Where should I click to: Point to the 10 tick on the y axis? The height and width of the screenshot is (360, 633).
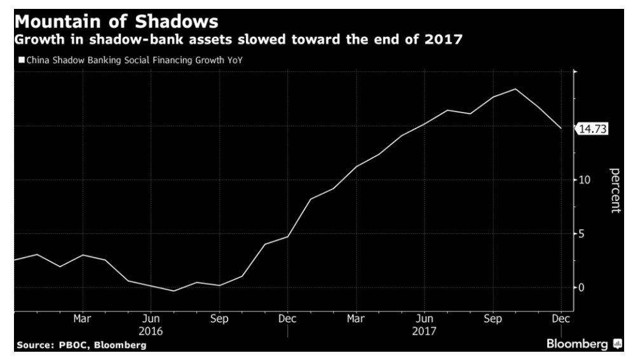[584, 180]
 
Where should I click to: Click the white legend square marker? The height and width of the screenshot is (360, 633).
[20, 61]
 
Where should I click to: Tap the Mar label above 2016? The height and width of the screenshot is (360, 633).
[83, 319]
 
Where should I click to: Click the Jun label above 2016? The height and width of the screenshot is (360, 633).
[151, 319]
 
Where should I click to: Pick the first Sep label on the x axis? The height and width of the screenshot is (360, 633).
[219, 319]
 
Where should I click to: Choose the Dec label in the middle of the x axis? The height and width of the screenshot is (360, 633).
[287, 319]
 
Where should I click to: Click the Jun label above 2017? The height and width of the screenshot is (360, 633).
[424, 319]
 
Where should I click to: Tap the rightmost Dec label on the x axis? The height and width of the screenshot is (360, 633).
[561, 319]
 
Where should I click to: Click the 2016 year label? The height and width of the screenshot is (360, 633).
[151, 331]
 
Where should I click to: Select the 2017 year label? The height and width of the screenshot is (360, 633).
[424, 331]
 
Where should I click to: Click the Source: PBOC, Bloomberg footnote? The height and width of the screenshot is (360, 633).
[81, 345]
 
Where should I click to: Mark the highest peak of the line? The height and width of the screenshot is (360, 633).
[515, 89]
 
